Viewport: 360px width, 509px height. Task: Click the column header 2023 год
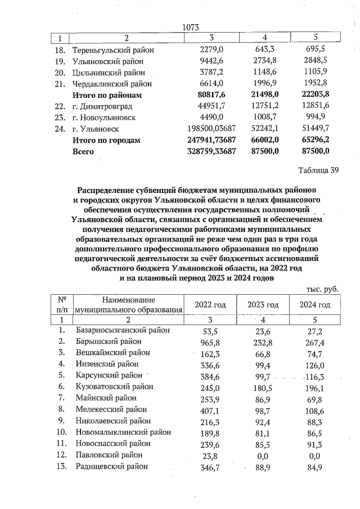(263, 305)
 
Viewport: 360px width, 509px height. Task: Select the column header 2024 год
(315, 305)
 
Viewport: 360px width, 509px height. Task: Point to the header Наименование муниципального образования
(129, 305)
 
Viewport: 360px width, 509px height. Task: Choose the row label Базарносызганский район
(122, 330)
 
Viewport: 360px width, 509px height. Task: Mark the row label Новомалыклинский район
(123, 432)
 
